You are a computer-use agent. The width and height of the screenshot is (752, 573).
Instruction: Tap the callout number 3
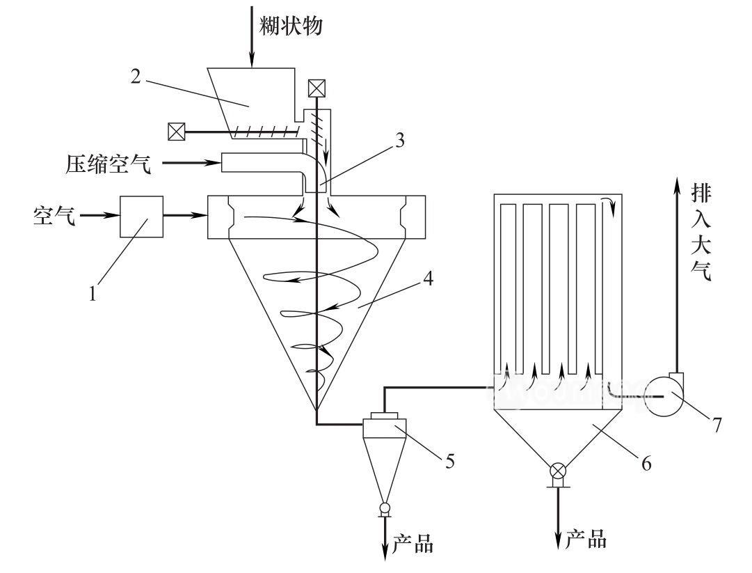(399, 141)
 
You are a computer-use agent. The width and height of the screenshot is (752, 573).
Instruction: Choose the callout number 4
(429, 281)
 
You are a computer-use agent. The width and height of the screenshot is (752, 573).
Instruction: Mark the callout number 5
(450, 460)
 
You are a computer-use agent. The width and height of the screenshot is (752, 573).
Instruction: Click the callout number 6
(646, 462)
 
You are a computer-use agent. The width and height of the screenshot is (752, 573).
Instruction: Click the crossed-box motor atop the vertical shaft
(317, 88)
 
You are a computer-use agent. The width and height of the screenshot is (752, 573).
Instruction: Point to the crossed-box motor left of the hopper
(176, 131)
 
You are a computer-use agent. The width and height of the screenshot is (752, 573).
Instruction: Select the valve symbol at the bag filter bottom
(558, 472)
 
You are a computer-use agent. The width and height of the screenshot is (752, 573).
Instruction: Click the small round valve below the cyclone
(385, 509)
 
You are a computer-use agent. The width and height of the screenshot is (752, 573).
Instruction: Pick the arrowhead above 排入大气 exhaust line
(676, 183)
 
